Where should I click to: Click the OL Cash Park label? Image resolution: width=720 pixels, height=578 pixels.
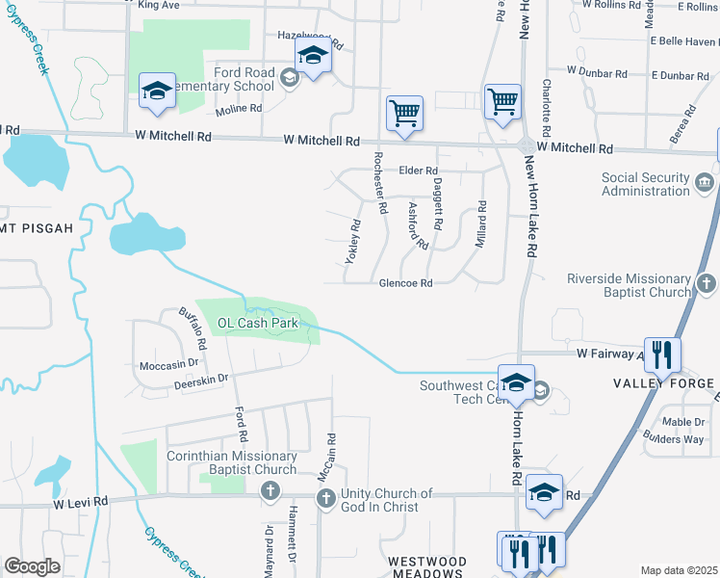click(257, 324)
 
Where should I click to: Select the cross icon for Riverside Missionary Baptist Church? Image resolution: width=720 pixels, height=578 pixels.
click(707, 283)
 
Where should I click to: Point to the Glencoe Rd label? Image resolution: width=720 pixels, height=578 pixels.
click(405, 283)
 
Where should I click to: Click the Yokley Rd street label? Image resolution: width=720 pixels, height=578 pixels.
click(352, 241)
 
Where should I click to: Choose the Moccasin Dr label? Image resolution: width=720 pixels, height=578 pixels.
click(168, 365)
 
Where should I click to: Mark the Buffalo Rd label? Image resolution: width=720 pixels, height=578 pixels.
click(193, 328)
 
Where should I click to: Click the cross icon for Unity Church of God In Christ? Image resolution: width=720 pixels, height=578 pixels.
click(325, 498)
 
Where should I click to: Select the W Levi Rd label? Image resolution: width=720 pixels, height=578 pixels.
click(80, 503)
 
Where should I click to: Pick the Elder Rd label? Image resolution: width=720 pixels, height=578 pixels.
click(418, 171)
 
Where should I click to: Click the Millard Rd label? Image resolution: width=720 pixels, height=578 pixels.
click(480, 223)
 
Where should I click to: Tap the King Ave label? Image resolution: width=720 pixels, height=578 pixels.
click(159, 5)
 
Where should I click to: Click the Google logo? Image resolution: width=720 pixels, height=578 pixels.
click(32, 566)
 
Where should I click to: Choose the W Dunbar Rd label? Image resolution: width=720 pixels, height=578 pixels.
click(597, 71)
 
